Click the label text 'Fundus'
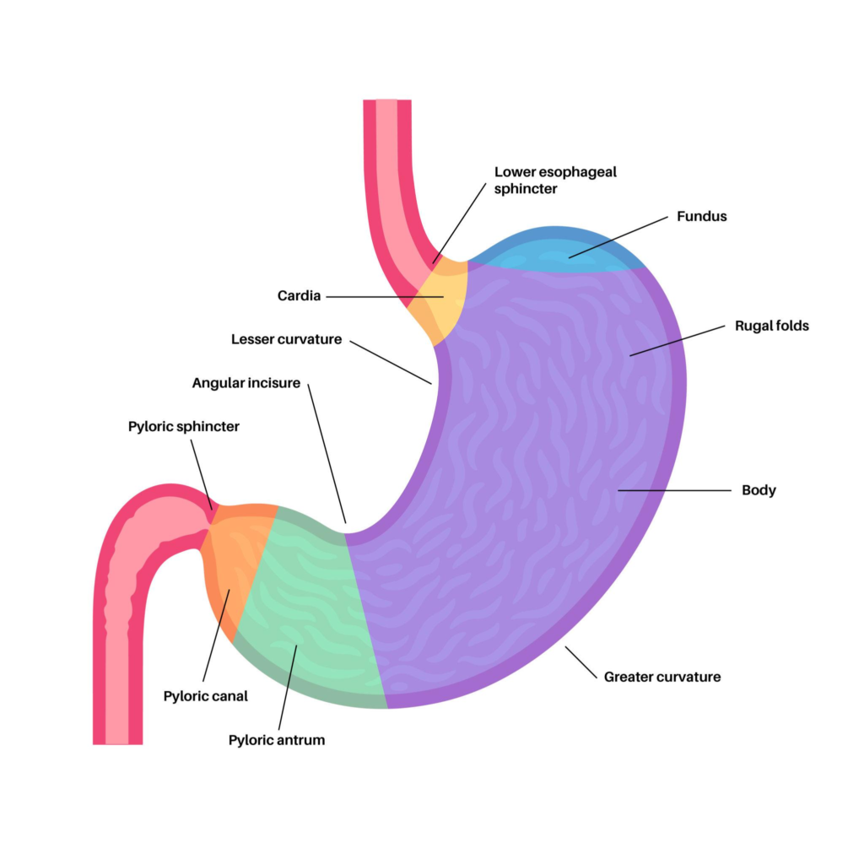coord(701,217)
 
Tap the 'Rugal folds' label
coord(771,326)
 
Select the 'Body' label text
coord(759,490)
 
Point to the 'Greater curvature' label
coord(662,677)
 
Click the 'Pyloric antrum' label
coord(277,740)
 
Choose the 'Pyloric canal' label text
coord(205,696)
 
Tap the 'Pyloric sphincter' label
coord(184,427)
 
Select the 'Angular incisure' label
coord(246,383)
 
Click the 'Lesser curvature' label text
coord(287,339)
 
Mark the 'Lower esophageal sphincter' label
coord(555,180)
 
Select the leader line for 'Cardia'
coord(385,297)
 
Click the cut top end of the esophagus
coord(387,102)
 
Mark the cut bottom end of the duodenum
coord(117,742)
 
